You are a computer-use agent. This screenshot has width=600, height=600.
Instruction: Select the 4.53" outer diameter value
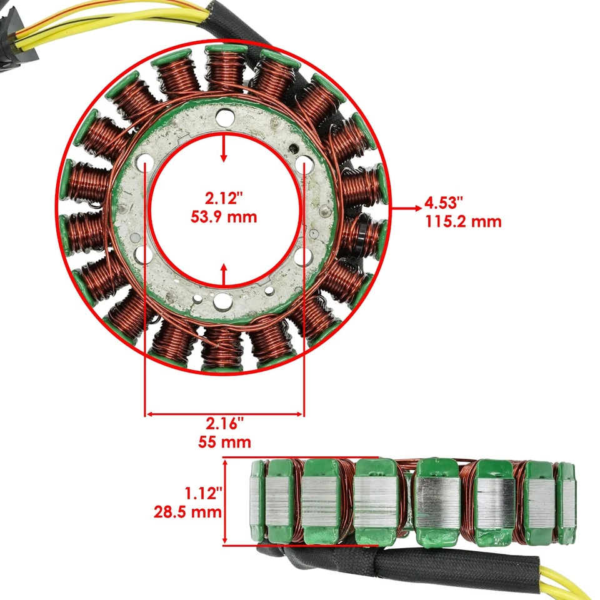445,202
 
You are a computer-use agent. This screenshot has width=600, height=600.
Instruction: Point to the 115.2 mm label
463,221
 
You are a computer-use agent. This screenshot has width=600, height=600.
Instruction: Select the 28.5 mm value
187,512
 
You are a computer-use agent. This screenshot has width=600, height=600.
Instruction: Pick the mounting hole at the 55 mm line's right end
304,164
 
